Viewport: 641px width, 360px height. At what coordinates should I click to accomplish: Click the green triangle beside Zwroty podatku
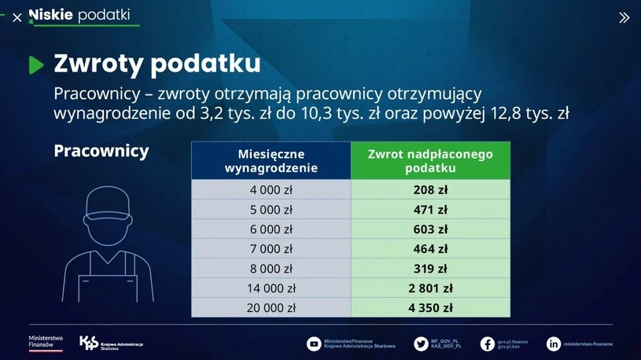[36, 65]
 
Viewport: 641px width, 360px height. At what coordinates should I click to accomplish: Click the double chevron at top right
[624, 17]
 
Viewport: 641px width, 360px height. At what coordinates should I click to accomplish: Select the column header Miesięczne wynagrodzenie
[271, 160]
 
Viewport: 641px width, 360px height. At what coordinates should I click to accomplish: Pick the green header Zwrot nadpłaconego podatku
[430, 160]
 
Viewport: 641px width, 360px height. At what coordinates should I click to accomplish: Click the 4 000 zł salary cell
[271, 189]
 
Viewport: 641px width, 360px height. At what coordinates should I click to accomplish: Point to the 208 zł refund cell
[430, 189]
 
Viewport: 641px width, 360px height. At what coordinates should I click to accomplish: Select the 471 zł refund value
[430, 210]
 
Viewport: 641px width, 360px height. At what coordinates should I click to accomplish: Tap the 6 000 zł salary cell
[271, 230]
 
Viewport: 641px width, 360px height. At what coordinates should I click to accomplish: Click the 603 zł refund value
[430, 230]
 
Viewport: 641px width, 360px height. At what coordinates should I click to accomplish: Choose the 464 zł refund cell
[430, 249]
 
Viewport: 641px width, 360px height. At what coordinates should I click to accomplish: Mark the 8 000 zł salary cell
[271, 268]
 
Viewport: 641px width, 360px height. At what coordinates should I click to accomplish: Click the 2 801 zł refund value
[430, 288]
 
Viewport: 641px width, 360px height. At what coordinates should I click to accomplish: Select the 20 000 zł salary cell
[271, 307]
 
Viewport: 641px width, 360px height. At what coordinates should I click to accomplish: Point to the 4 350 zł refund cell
[430, 307]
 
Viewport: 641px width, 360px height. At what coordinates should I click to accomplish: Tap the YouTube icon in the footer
[314, 343]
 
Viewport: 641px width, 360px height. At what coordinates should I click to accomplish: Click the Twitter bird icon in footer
[422, 343]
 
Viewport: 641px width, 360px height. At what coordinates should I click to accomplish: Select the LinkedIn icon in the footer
[554, 343]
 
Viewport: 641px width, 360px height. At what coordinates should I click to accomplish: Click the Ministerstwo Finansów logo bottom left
[46, 342]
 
